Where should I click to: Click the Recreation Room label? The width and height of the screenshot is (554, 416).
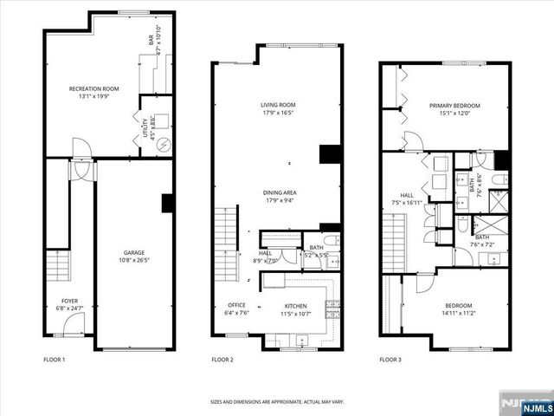pyautogui.click(x=93, y=89)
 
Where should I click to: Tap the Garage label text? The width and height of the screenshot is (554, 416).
pyautogui.click(x=133, y=251)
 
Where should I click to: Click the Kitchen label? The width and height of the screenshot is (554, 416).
pyautogui.click(x=296, y=306)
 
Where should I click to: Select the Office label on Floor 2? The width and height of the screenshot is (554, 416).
pyautogui.click(x=237, y=306)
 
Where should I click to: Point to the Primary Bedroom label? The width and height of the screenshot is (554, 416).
pyautogui.click(x=454, y=106)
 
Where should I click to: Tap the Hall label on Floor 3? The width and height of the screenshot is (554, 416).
pyautogui.click(x=407, y=195)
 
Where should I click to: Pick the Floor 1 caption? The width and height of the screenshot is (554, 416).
pyautogui.click(x=54, y=359)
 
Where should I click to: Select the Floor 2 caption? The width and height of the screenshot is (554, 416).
pyautogui.click(x=223, y=359)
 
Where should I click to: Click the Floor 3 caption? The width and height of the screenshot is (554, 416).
pyautogui.click(x=391, y=359)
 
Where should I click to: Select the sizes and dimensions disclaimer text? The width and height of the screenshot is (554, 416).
pyautogui.click(x=277, y=401)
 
